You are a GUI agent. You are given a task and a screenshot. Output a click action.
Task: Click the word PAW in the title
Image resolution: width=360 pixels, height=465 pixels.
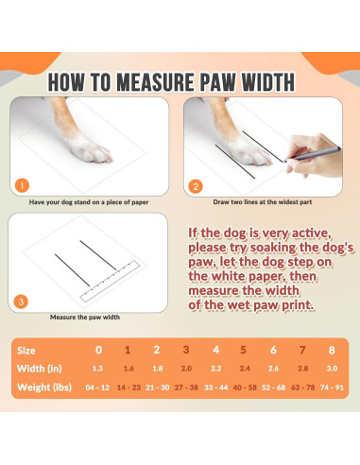click(217, 82)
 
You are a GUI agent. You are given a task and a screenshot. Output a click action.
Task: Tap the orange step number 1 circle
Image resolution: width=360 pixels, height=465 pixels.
click(22, 186)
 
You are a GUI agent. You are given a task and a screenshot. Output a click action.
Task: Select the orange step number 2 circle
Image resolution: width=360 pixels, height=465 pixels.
click(196, 187)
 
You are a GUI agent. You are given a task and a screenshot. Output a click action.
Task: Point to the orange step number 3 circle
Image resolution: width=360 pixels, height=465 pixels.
click(21, 302)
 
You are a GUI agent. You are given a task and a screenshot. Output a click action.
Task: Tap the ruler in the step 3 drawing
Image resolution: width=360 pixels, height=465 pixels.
click(110, 281)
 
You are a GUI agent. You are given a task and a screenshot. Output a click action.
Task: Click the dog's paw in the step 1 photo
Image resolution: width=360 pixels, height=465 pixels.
click(90, 148)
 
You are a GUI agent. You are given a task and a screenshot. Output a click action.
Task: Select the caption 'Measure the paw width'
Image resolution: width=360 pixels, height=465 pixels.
click(85, 318)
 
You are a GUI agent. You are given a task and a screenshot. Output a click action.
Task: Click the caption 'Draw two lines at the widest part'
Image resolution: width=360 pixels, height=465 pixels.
click(263, 202)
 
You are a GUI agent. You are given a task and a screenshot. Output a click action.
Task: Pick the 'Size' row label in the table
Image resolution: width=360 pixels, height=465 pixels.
click(26, 351)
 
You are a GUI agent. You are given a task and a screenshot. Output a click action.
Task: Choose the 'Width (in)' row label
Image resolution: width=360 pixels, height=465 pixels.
click(40, 369)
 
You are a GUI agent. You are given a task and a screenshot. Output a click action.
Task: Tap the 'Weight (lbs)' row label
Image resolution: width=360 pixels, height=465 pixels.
click(44, 387)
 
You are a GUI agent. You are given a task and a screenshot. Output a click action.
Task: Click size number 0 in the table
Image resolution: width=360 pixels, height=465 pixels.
click(98, 350)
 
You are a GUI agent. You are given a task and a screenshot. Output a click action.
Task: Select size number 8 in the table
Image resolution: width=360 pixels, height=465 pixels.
click(332, 350)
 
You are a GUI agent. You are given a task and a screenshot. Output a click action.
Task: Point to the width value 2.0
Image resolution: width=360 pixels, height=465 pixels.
click(186, 369)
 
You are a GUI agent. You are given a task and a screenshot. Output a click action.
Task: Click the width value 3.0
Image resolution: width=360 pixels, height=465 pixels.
click(332, 369)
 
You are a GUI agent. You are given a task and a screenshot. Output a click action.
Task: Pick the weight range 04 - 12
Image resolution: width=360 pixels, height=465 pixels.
click(97, 387)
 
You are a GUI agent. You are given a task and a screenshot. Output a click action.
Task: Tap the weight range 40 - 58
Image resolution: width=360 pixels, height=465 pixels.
click(245, 387)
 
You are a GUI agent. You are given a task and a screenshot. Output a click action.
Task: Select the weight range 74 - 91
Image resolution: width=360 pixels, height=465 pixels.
click(332, 387)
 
